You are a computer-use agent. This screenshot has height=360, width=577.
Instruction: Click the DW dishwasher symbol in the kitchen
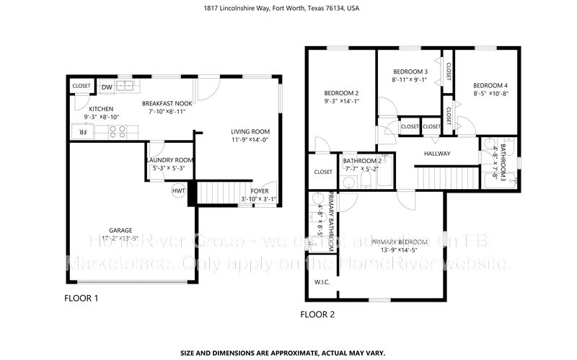[x=107, y=87]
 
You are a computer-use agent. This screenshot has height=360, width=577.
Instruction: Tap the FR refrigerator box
[x=82, y=132]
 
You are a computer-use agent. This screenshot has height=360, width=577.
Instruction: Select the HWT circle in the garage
[x=178, y=191]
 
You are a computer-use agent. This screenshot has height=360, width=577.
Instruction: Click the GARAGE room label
[x=110, y=230]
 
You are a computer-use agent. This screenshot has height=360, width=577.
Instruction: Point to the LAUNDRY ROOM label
[x=169, y=160]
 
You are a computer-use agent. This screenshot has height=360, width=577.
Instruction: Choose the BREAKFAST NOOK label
[x=167, y=103]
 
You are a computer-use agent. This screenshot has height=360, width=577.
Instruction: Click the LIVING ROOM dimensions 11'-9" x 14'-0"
[x=250, y=140]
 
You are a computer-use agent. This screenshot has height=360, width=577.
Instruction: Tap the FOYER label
[x=259, y=191]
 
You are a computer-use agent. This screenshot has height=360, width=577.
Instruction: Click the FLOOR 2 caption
[x=317, y=315]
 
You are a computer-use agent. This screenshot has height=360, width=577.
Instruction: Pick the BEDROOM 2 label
[x=341, y=93]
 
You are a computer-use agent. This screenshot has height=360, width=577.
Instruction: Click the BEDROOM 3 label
[x=410, y=71]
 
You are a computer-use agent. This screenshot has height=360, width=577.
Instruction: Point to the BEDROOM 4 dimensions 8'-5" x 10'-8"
[x=491, y=94]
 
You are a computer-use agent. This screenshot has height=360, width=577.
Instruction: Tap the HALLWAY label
[x=436, y=154]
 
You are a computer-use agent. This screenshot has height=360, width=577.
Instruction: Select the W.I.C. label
[x=322, y=282]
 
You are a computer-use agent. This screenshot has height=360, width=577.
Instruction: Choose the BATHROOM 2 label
[x=361, y=161]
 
